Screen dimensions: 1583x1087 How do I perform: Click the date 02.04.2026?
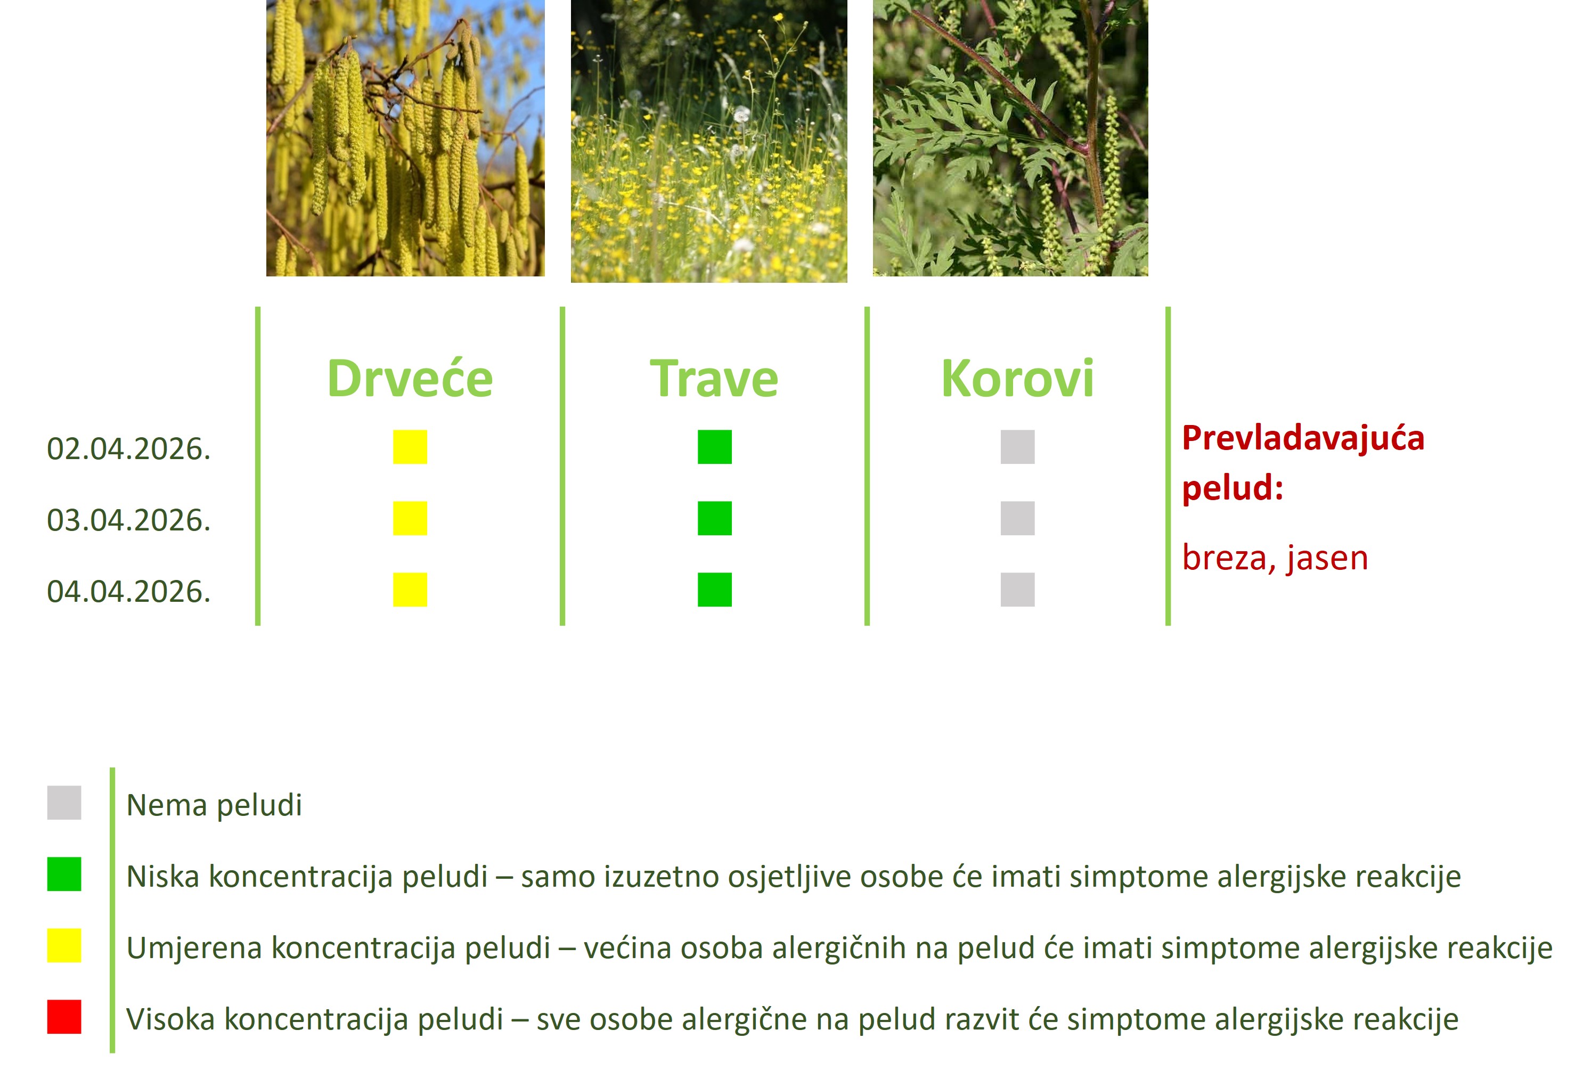129,449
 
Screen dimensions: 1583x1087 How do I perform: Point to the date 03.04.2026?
129,520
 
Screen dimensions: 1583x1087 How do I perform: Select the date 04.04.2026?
129,592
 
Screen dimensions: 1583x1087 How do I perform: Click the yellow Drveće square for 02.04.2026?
410,447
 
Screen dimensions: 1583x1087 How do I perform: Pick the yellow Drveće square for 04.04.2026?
410,590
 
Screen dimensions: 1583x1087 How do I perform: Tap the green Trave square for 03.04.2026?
714,518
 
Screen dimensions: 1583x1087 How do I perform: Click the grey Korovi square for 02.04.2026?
1018,447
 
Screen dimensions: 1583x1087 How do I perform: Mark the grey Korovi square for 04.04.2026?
1018,590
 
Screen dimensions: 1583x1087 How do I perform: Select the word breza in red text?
1224,559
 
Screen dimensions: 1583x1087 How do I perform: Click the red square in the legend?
64,1017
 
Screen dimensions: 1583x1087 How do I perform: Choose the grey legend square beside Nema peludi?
64,802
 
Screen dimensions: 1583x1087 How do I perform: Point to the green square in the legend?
64,874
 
